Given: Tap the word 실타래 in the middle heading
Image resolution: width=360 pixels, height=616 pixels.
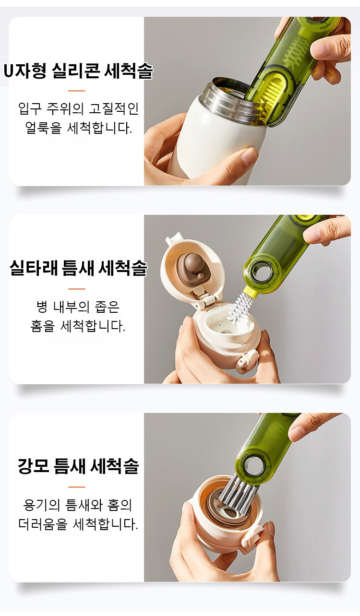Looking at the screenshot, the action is click(34, 268).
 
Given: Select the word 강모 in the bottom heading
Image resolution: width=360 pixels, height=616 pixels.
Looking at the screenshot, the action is click(34, 466).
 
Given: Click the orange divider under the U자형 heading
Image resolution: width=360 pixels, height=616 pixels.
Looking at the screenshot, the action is click(77, 91).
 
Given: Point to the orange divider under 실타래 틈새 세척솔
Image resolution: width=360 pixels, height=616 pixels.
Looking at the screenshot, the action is click(77, 289).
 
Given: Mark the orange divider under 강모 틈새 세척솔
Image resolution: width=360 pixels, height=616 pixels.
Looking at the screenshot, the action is click(77, 487).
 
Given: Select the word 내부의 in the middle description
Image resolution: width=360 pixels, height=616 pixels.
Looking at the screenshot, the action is click(72, 307).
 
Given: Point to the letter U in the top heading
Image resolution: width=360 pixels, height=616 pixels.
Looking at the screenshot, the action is click(9, 71).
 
